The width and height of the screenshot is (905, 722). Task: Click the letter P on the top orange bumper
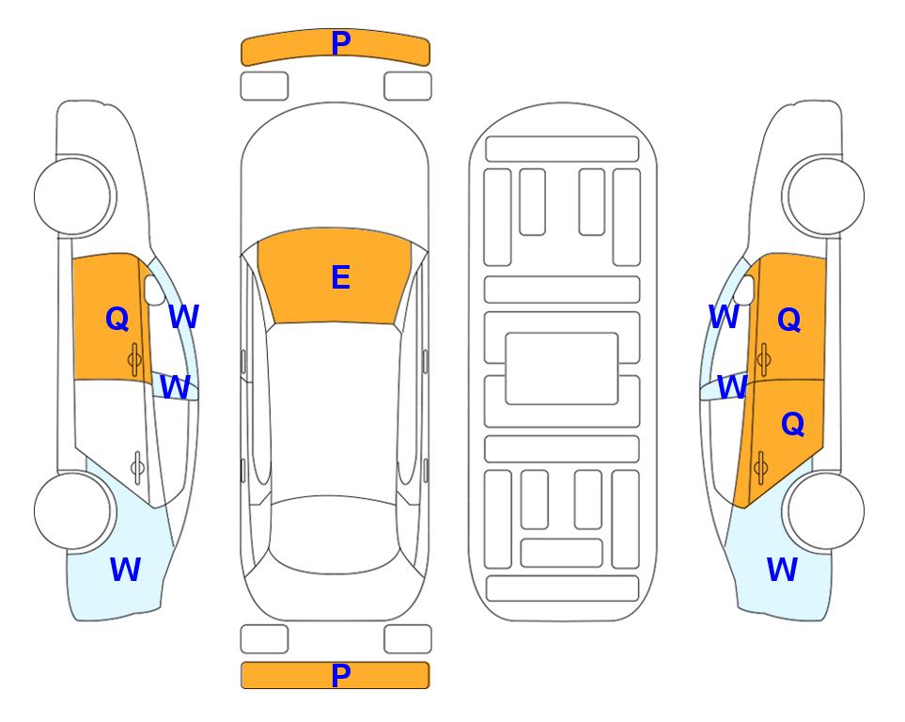[341, 43]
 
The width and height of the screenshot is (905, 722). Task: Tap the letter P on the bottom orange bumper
[341, 675]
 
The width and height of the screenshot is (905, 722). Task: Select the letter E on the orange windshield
[341, 277]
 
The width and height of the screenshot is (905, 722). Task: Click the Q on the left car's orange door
[117, 319]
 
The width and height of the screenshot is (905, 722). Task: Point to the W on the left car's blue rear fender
[125, 570]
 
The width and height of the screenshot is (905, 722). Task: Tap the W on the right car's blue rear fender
[782, 570]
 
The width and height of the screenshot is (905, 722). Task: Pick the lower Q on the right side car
[792, 424]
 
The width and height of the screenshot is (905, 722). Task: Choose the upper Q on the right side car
[789, 320]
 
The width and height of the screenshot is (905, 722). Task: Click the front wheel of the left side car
[72, 196]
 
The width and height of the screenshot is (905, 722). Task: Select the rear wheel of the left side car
[72, 510]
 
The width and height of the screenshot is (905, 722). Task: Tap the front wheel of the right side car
[825, 196]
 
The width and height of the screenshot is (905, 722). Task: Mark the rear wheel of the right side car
[825, 510]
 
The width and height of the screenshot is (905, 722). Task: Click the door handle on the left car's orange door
[135, 360]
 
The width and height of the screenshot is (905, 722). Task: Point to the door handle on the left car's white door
[137, 467]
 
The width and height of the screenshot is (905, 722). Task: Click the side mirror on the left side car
[154, 290]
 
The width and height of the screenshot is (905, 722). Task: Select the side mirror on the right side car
[744, 290]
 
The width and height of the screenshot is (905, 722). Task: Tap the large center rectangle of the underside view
[562, 369]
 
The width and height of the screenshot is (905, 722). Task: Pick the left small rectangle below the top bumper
[264, 86]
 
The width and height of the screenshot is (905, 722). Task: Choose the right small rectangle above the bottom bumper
[408, 639]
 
